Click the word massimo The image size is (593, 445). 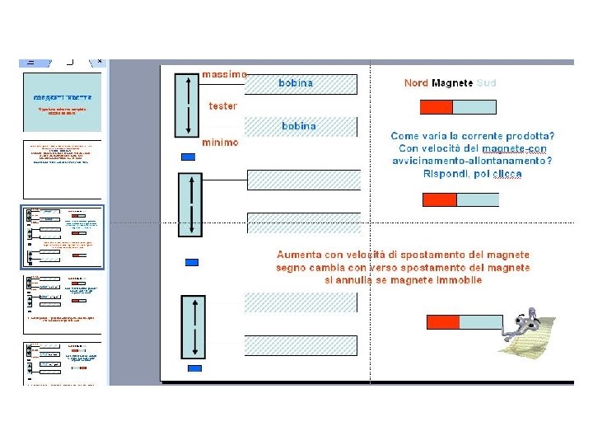(224, 75)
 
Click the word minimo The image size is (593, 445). (220, 143)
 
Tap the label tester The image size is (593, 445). (222, 106)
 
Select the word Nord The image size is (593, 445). (416, 83)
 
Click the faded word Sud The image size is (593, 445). (486, 83)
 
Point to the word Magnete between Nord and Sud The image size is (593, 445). (452, 83)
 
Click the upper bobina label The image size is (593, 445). (296, 83)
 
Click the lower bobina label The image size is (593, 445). (299, 126)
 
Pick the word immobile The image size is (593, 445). (459, 280)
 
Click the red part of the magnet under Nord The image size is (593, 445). (437, 107)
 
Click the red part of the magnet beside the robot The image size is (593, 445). (442, 321)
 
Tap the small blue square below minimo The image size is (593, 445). (188, 157)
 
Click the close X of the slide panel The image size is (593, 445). (100, 61)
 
